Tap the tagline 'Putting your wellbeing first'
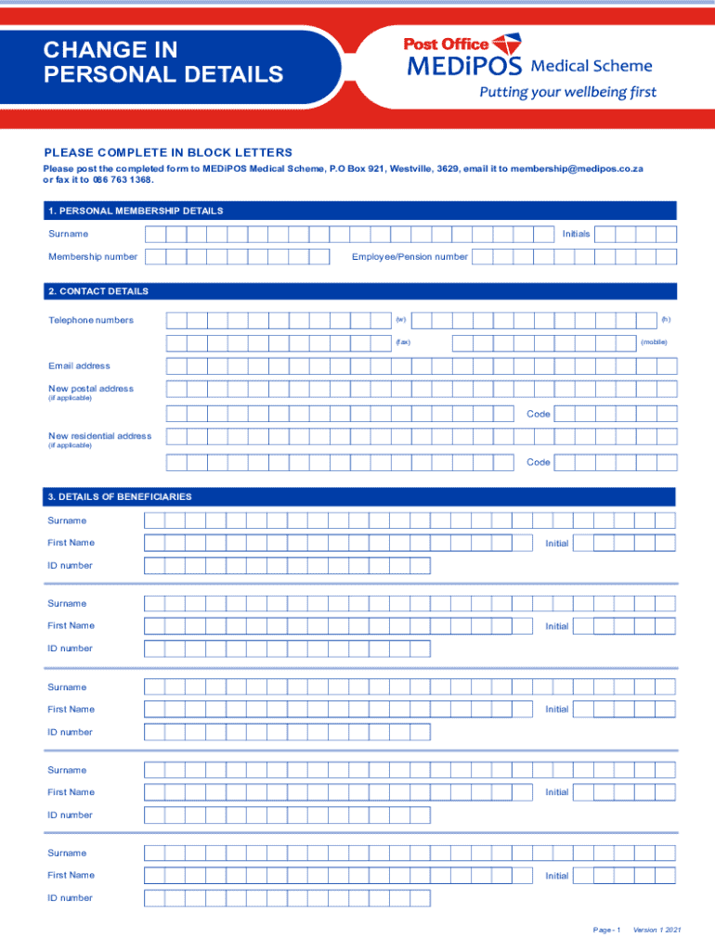coord(566,92)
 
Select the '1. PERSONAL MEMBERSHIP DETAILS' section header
coord(136,211)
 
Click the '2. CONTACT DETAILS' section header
coord(98,291)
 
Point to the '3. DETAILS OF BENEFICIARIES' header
coord(120,497)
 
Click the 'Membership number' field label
coord(93,257)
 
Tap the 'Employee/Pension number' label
coord(409,257)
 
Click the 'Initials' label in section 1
coord(576,234)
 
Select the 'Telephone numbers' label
coord(91,320)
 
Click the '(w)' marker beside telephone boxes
coord(400,320)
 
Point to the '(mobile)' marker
coord(653,343)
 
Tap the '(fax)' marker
coord(402,343)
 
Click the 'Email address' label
coord(79,366)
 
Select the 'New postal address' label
coord(91,389)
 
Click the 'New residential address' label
coord(99,436)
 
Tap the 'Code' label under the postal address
coord(539,414)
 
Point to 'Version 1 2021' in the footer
coord(656,930)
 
